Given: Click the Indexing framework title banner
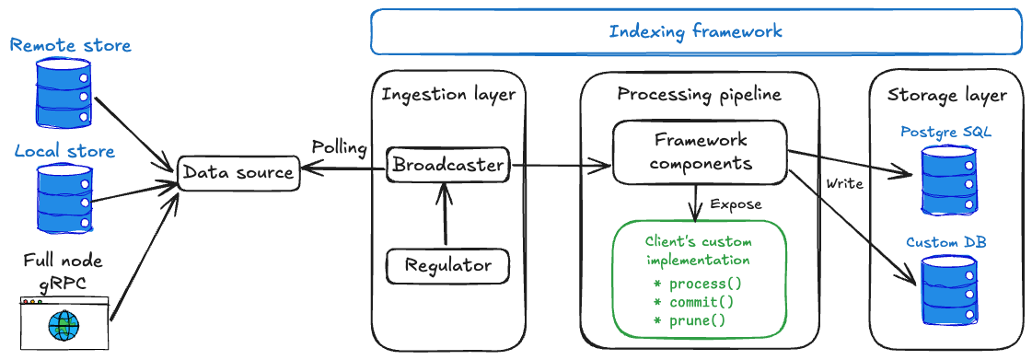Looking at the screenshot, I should click(695, 32).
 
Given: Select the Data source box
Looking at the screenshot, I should click(238, 172).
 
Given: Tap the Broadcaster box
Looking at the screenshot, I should click(447, 166).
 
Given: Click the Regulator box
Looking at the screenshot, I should click(447, 266).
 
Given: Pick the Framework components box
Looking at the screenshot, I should click(701, 152).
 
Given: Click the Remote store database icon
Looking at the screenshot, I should click(64, 92).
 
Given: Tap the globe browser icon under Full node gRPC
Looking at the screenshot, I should click(64, 322).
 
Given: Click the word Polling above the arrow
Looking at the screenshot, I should click(339, 147).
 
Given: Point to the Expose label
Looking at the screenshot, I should click(736, 203).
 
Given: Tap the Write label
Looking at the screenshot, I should click(844, 184).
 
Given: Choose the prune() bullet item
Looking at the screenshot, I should click(690, 320).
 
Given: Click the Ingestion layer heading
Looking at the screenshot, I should click(448, 95).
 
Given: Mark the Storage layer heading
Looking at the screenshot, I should click(946, 95).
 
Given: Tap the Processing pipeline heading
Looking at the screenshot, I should click(699, 95).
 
